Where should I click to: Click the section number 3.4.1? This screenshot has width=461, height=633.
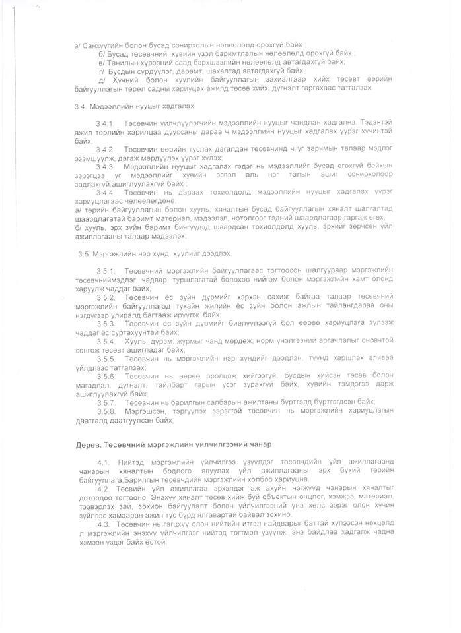click(x=106, y=123)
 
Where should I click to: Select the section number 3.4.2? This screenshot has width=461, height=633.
click(x=106, y=149)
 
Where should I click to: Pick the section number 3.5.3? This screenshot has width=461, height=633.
click(x=106, y=324)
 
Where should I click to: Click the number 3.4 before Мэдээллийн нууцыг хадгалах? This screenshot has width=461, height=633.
click(x=82, y=105)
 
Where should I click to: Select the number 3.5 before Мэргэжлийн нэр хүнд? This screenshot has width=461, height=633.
click(x=83, y=253)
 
